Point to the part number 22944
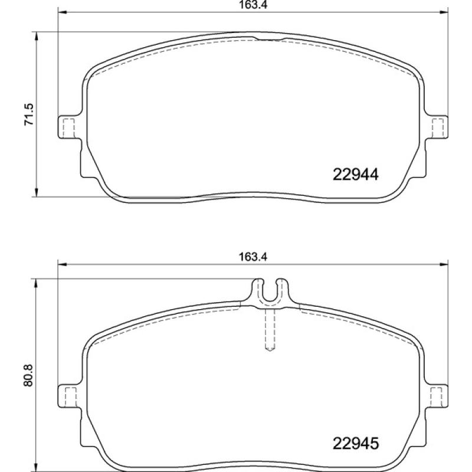pos(355,175)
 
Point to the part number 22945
pos(355,442)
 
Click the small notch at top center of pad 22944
pos(270,40)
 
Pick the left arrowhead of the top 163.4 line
pos(61,13)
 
